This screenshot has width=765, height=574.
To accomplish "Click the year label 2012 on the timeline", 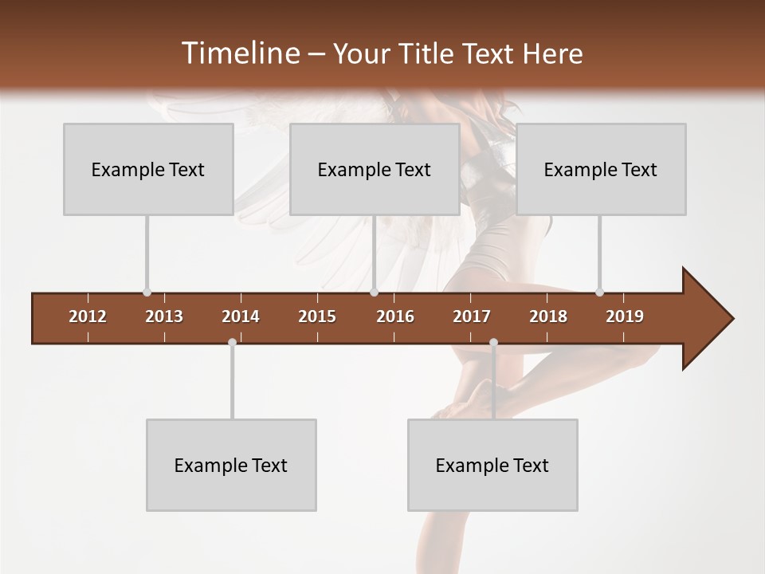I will pyautogui.click(x=88, y=316).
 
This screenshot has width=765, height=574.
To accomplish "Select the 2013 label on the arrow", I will pyautogui.click(x=164, y=316).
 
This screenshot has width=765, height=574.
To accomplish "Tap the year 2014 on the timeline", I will pyautogui.click(x=241, y=316).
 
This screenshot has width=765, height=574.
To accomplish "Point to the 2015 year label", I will pyautogui.click(x=317, y=316).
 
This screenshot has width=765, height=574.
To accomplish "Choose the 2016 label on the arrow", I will pyautogui.click(x=395, y=316).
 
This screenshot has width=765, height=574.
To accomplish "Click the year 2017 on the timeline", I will pyautogui.click(x=472, y=316).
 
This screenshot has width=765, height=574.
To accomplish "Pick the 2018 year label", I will pyautogui.click(x=548, y=316).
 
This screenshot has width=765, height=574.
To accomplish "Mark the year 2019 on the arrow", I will pyautogui.click(x=625, y=316).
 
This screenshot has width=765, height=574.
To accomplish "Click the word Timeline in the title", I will pyautogui.click(x=239, y=53).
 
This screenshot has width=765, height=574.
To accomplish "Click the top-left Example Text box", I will pyautogui.click(x=148, y=169).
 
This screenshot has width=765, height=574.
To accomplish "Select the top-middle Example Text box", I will pyautogui.click(x=375, y=169).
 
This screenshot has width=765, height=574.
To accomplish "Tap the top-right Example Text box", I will pyautogui.click(x=601, y=169).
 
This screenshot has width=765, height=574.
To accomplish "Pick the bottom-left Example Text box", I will pyautogui.click(x=231, y=465).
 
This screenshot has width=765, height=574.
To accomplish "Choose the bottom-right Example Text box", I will pyautogui.click(x=492, y=465).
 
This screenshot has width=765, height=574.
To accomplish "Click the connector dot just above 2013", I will pyautogui.click(x=147, y=292).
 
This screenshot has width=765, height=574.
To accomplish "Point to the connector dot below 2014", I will pyautogui.click(x=232, y=342).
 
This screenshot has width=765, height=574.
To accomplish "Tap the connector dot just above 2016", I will pyautogui.click(x=374, y=292).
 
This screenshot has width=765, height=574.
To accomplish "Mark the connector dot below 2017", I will pyautogui.click(x=493, y=342).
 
